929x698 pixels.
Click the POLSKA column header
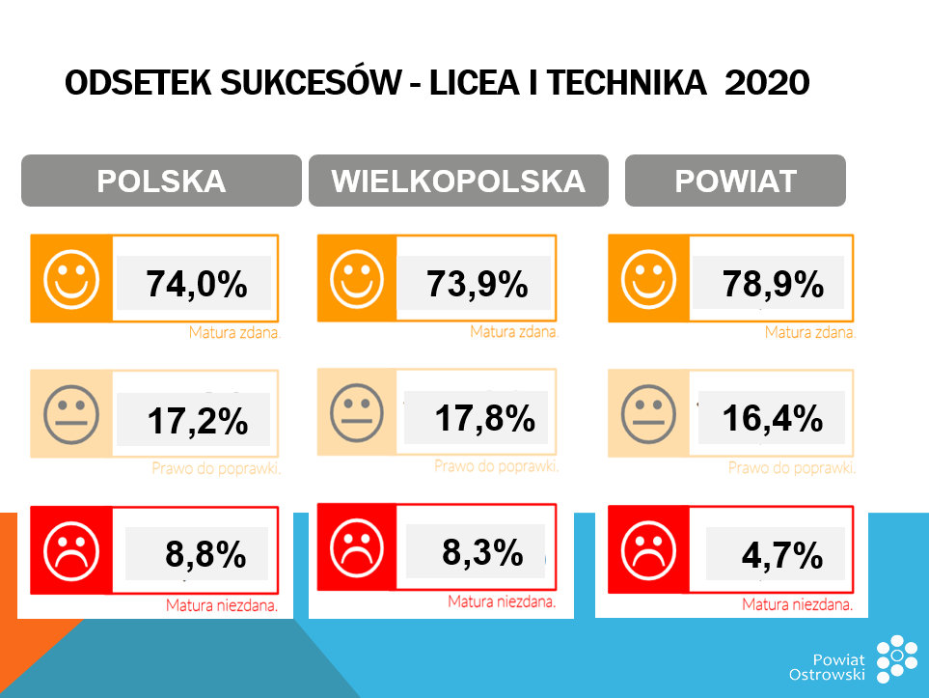(x=161, y=181)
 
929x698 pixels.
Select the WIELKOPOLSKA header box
(x=458, y=181)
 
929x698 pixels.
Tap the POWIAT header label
(x=735, y=181)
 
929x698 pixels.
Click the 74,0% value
(x=197, y=284)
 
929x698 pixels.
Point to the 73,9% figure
(x=477, y=284)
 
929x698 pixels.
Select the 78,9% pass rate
(x=773, y=284)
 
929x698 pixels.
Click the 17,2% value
(x=198, y=421)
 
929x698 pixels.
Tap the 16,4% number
(x=773, y=418)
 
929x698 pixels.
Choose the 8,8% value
(x=205, y=555)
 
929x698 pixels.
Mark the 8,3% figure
(x=482, y=552)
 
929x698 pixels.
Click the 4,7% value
(x=781, y=555)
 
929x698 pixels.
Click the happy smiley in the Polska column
(x=71, y=277)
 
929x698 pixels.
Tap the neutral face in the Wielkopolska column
(x=357, y=412)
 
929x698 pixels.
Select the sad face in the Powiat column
(x=649, y=547)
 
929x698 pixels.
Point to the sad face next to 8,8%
(x=71, y=548)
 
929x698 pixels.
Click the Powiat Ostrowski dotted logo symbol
(x=897, y=660)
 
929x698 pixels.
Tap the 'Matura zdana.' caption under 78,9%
(x=809, y=332)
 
